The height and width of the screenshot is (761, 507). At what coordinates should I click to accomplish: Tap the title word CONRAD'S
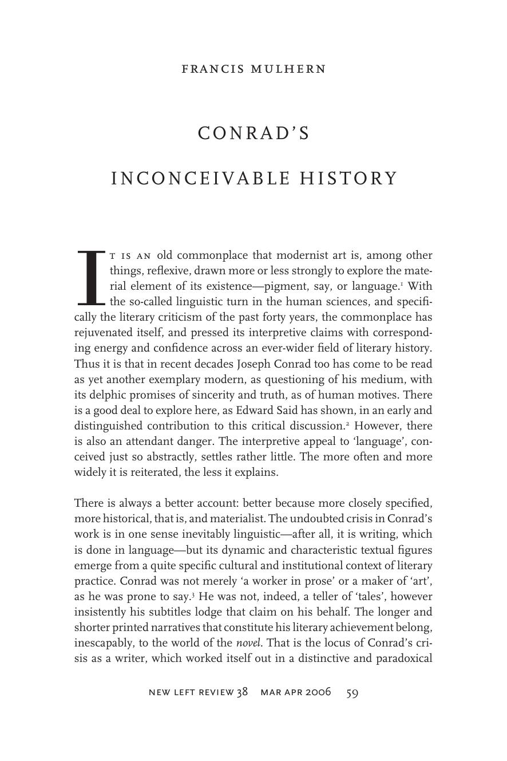pyautogui.click(x=254, y=133)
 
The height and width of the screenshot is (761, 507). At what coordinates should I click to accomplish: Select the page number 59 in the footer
pyautogui.click(x=352, y=692)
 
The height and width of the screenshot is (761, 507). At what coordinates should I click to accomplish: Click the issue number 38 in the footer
pyautogui.click(x=242, y=692)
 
